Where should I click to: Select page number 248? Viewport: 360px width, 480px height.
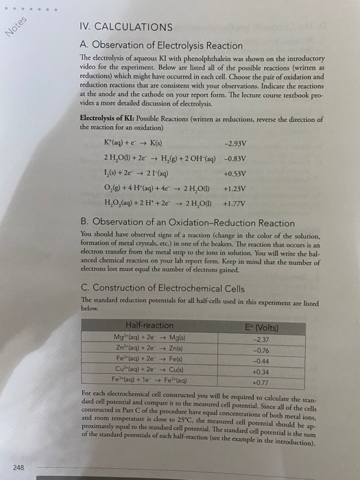point(18,467)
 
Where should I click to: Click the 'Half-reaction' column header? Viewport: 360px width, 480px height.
point(149,325)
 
